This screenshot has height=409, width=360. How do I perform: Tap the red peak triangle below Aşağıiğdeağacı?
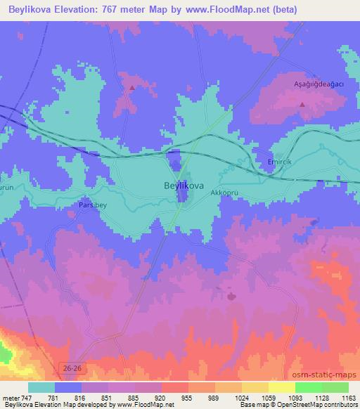click(x=303, y=105)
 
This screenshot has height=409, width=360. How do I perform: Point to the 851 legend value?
click(x=106, y=397)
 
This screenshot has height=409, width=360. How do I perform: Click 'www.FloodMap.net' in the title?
click(x=219, y=10)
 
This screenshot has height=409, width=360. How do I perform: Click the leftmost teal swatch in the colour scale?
click(x=41, y=387)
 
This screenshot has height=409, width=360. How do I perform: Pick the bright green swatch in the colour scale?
click(x=308, y=387)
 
